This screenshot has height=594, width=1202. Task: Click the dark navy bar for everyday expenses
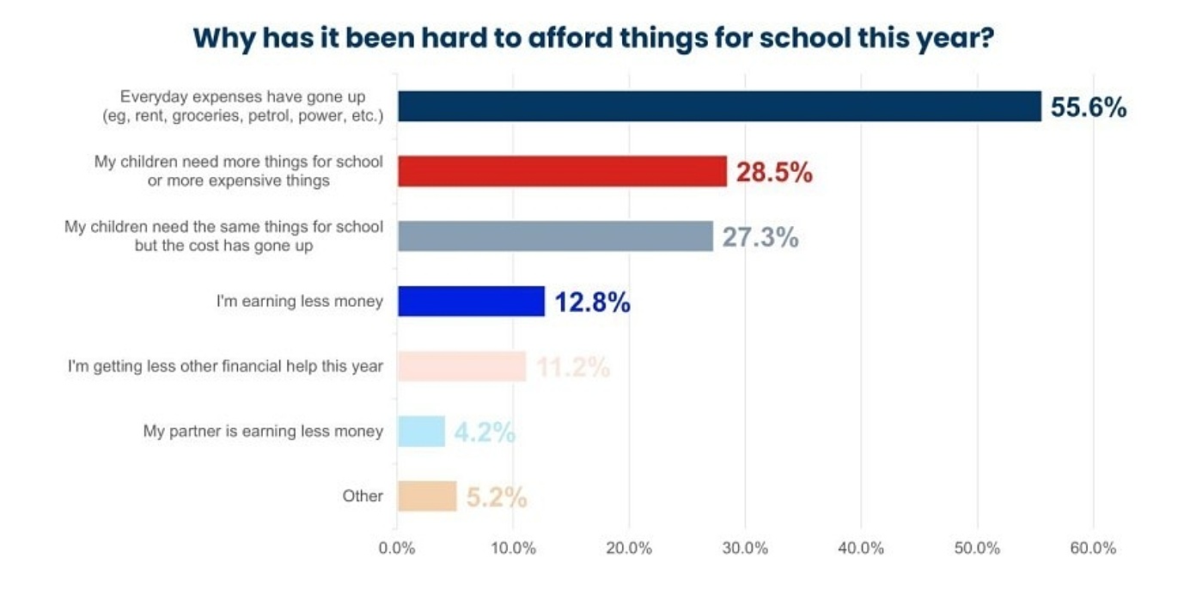(x=719, y=107)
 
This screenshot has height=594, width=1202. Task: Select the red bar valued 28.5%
(x=562, y=171)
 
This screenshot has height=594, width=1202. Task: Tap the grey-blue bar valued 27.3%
(x=555, y=236)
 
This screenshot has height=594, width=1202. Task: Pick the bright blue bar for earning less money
(x=471, y=302)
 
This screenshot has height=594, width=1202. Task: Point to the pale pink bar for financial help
(x=461, y=367)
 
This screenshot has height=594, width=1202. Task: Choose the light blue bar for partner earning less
(x=421, y=432)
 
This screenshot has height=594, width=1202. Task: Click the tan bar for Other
(x=427, y=496)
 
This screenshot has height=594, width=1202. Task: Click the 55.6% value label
(x=1088, y=107)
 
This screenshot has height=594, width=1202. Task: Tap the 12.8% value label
(x=592, y=303)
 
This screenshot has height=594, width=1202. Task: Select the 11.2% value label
(x=572, y=368)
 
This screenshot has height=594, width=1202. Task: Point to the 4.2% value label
(x=485, y=432)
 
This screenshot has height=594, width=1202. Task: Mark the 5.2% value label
(x=496, y=498)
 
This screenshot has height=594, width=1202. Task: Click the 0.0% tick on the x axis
(x=397, y=548)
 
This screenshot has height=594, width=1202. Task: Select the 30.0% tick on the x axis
(x=745, y=548)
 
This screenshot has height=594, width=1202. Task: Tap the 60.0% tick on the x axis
(x=1093, y=548)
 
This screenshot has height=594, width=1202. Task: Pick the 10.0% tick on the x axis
(x=513, y=548)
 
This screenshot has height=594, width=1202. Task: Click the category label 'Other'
(x=362, y=496)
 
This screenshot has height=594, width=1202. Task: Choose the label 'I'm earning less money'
(x=300, y=302)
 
